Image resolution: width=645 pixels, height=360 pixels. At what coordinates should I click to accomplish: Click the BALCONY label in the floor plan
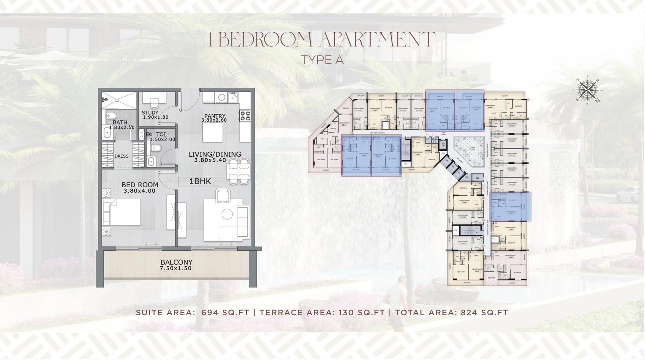point(176,262)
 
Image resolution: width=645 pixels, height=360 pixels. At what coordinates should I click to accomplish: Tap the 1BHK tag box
point(200,182)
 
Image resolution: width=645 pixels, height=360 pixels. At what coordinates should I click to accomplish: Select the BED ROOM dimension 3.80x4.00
point(139,191)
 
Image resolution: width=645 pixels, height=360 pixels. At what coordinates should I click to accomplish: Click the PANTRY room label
point(214,116)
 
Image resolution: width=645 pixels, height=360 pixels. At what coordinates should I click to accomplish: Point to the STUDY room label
point(150,113)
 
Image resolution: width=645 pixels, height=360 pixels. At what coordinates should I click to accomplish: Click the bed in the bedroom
point(122,212)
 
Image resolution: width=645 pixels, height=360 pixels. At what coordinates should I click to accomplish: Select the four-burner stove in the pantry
point(245,116)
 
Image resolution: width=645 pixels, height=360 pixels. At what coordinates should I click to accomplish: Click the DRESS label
point(121,156)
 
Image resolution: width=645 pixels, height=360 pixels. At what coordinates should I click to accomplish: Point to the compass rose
point(588,90)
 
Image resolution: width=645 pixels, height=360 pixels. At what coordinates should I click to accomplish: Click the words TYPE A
point(322,60)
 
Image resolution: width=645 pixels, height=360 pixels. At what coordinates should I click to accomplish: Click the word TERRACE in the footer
point(281,312)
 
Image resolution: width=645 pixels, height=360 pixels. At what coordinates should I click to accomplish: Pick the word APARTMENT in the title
point(376,40)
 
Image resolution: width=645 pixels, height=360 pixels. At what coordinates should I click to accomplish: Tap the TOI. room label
point(162,134)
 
